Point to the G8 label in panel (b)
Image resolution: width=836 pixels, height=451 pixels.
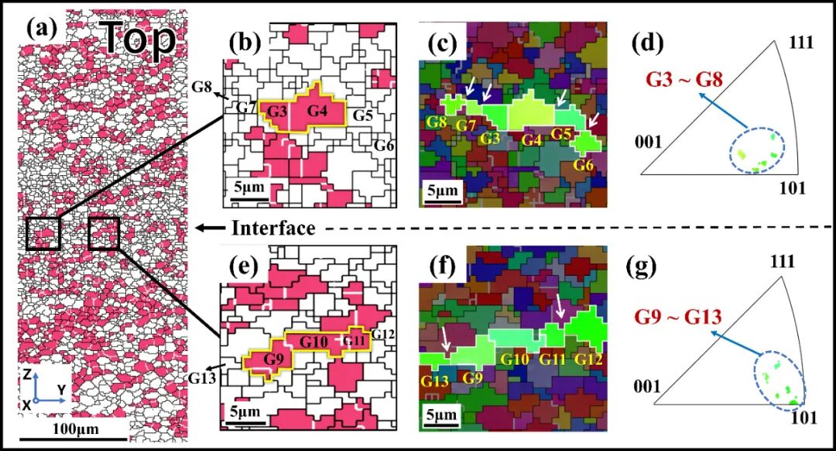202,86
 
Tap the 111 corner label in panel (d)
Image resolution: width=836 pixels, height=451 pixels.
800,42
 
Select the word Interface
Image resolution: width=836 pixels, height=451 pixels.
273,229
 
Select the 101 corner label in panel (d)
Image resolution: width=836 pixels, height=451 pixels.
792,187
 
